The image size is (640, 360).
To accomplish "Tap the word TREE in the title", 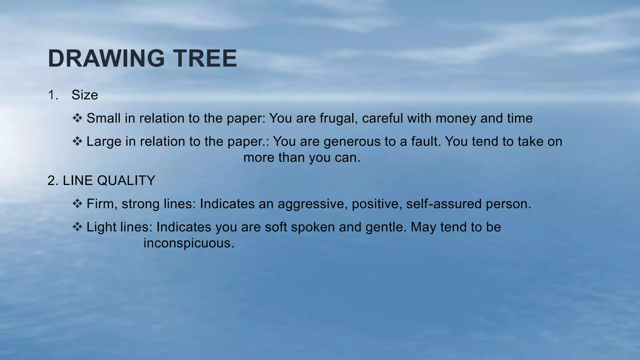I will [205, 58].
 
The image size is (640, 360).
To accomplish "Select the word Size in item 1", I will [85, 95].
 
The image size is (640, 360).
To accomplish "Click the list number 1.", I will [53, 95].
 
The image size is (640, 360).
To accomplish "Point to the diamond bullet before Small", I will [77, 118].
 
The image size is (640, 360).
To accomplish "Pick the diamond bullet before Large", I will [77, 141].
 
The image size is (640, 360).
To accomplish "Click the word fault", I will [426, 141].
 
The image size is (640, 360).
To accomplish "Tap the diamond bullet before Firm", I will [77, 204].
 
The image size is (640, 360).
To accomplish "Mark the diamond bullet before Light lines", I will [77, 227].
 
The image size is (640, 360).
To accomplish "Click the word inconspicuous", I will [188, 243].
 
